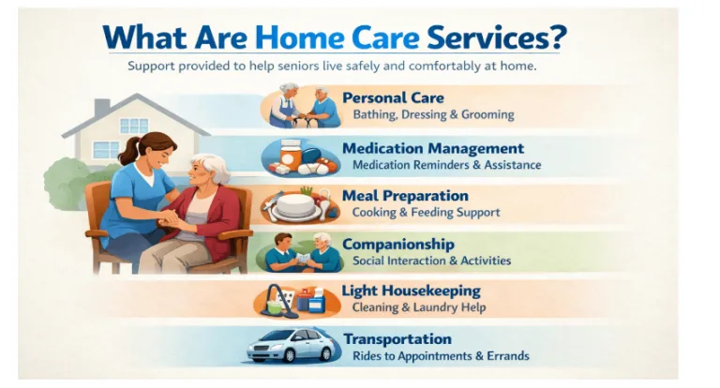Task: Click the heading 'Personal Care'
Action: (393, 97)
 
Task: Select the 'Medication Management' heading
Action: (432, 148)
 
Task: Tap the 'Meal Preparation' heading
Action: (405, 196)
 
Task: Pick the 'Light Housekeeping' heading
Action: (412, 291)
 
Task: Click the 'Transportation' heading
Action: (397, 339)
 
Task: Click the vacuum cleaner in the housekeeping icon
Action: (273, 302)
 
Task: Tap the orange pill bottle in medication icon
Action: (290, 152)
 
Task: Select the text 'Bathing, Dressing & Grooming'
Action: (433, 114)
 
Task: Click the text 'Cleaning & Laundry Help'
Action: (418, 307)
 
